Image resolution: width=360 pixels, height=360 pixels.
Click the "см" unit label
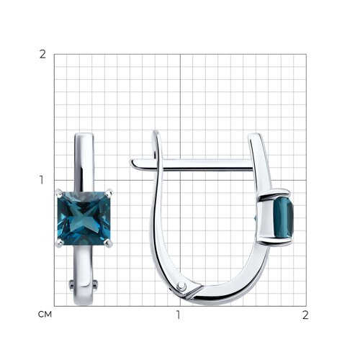(x=45, y=315)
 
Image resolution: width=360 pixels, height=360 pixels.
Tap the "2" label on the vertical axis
(x=42, y=55)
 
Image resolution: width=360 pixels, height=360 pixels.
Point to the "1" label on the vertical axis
(x=42, y=180)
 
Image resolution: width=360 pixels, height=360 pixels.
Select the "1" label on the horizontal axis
(x=178, y=315)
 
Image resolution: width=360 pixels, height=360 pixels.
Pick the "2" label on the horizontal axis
(x=305, y=315)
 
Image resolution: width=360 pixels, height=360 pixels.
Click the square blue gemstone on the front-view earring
(x=84, y=218)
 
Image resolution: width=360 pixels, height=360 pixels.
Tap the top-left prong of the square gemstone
(x=59, y=192)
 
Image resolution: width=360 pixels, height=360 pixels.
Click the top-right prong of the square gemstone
(x=109, y=192)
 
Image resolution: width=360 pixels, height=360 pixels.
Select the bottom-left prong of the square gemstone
(x=59, y=244)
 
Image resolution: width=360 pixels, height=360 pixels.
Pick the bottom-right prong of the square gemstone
(x=109, y=243)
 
